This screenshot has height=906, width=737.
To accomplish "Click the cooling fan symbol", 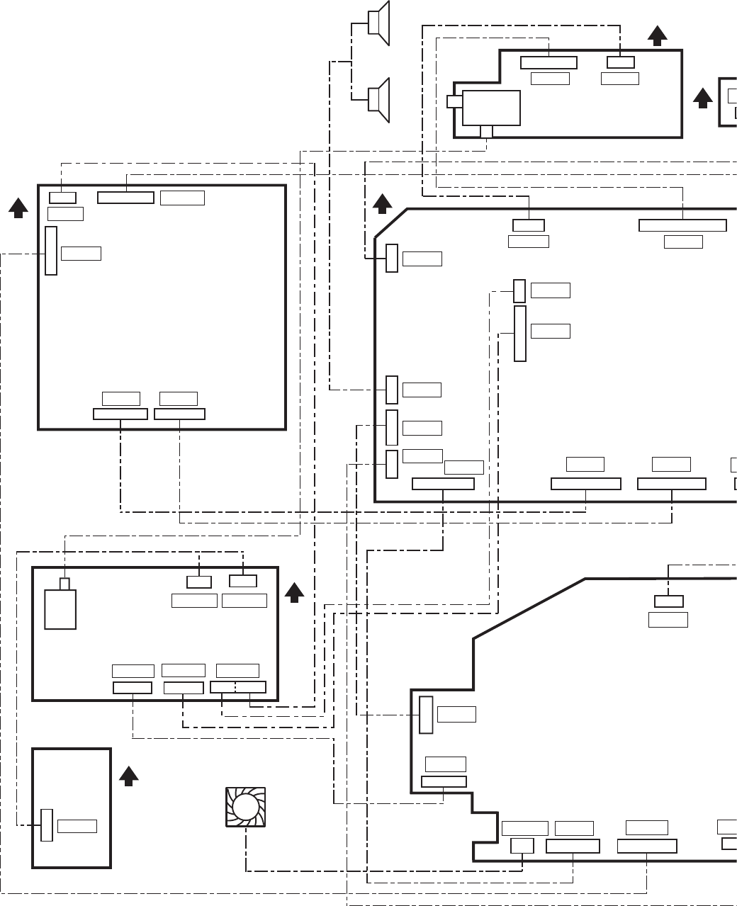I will tap(245, 807).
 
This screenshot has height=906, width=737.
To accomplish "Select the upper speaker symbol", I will tap(380, 23).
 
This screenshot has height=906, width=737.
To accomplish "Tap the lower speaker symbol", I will tap(380, 100).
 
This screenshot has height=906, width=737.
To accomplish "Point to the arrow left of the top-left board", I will tap(18, 207).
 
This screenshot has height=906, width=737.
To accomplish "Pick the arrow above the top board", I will tap(658, 35).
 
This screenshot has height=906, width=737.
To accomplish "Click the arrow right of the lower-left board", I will tap(294, 593).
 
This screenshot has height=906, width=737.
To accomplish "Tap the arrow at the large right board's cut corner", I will tap(383, 204).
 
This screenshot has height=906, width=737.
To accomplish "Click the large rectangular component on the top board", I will tap(492, 108).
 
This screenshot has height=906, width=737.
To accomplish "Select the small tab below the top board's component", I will tap(486, 132).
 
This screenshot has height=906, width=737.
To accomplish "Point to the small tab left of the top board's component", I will tap(454, 102).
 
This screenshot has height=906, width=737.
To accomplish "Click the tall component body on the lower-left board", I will tap(60, 610).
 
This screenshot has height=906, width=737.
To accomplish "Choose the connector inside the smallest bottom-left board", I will tap(47, 825).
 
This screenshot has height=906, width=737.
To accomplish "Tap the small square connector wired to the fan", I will tap(522, 846).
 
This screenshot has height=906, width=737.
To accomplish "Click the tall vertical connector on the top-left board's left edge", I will tap(51, 251).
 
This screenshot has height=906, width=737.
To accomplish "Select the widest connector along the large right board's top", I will tap(682, 225).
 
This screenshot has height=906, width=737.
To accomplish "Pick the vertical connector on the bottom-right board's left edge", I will tap(426, 715).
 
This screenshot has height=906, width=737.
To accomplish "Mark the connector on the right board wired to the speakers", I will tap(392, 390).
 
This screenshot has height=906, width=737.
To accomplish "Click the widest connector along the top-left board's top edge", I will tap(125, 197).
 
